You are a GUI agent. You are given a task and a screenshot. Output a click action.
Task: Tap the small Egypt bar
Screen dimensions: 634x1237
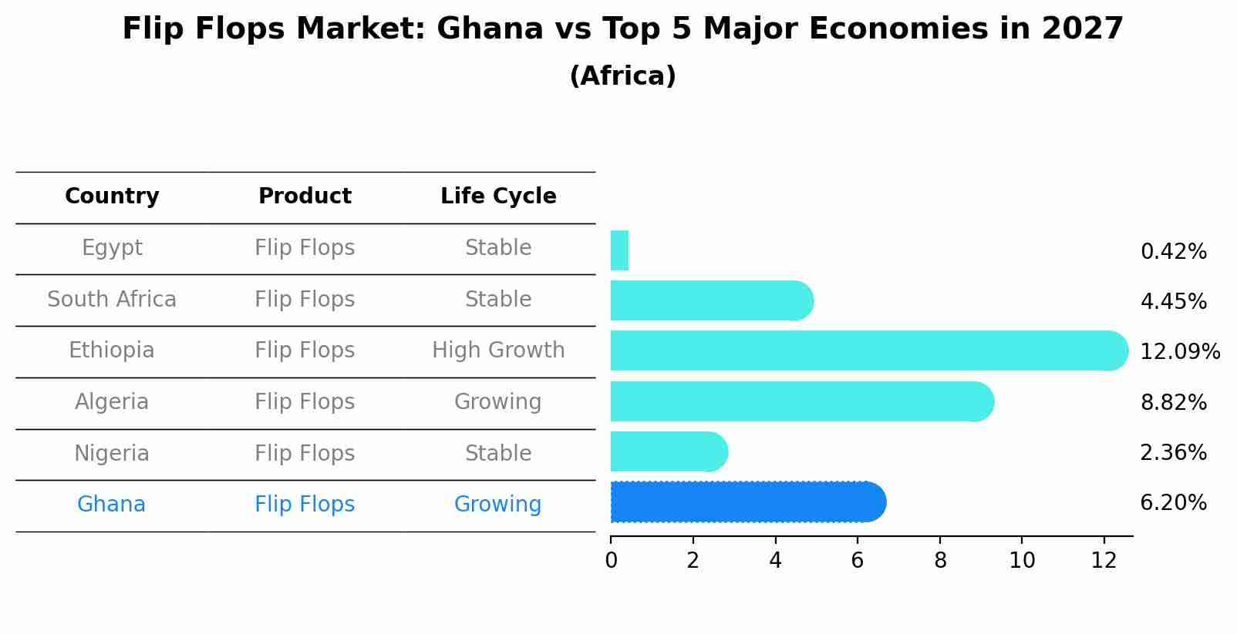(x=619, y=250)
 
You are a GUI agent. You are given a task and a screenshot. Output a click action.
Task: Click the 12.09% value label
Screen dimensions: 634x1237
(x=1179, y=352)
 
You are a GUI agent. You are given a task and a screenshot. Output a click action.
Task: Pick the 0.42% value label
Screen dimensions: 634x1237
(x=1173, y=252)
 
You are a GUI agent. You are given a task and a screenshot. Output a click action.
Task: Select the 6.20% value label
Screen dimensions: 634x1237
(x=1173, y=503)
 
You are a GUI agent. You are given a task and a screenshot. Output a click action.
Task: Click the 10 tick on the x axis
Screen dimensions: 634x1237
(x=1022, y=561)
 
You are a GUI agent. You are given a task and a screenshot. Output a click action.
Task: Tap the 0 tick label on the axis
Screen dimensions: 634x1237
(x=611, y=561)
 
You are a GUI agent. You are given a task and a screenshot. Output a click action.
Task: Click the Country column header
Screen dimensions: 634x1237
(x=112, y=196)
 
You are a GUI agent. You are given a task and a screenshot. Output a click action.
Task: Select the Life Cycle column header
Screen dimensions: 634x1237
(x=498, y=196)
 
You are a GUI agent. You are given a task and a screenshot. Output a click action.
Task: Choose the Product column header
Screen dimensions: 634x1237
(x=305, y=196)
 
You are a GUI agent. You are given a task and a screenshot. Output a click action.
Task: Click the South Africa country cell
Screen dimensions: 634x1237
(x=112, y=300)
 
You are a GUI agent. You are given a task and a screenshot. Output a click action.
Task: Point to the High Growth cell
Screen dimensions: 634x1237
(x=498, y=351)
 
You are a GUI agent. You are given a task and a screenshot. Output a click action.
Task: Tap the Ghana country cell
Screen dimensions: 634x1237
(x=112, y=505)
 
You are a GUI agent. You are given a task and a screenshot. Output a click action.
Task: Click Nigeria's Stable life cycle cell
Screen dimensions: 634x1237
(x=498, y=454)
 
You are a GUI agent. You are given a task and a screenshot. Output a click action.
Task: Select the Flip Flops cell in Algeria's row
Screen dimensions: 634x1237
(x=305, y=402)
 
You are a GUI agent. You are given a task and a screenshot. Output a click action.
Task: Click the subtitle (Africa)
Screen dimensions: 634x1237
(x=622, y=76)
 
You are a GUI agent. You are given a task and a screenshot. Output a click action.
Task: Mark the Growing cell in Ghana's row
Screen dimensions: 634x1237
(x=498, y=505)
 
